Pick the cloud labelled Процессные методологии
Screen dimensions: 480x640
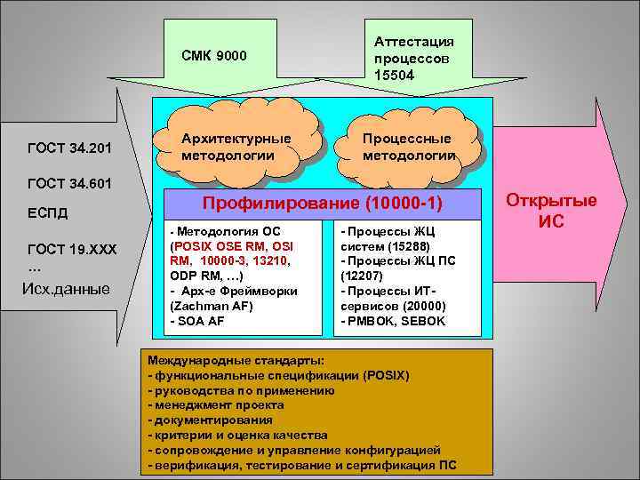tap(408, 146)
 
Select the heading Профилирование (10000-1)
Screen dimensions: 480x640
tap(323, 204)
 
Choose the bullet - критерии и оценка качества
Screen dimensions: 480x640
tap(237, 435)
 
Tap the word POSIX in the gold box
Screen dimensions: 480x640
tap(384, 375)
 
